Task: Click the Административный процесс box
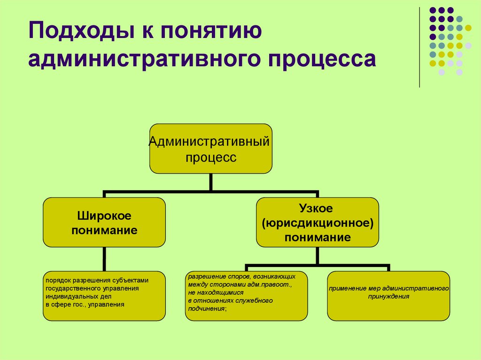[211, 149]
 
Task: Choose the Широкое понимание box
[104, 222]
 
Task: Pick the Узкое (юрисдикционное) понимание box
[317, 222]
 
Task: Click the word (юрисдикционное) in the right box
[318, 222]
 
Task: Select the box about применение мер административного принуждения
[388, 296]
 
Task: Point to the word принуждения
[388, 297]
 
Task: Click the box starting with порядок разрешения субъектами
[104, 296]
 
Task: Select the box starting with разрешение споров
[247, 296]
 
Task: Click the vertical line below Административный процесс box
[211, 182]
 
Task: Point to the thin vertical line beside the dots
[419, 47]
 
